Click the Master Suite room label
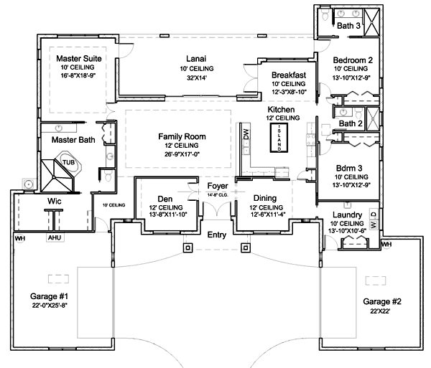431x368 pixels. (x=80, y=57)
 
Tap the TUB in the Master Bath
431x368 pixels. (x=68, y=162)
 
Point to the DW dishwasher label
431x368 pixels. (x=246, y=133)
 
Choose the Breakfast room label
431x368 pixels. (x=289, y=75)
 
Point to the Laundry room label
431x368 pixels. (x=347, y=214)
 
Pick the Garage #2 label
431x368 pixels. (x=382, y=301)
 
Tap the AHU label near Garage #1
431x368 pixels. (x=53, y=237)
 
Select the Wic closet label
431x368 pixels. (x=54, y=202)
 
